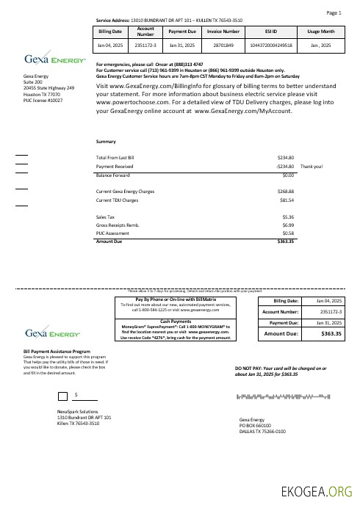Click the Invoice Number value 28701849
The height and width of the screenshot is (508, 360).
(x=223, y=46)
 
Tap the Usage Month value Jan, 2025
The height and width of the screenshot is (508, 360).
(x=322, y=46)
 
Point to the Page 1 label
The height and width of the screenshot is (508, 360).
(x=334, y=13)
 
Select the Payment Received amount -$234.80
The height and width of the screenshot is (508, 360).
(x=283, y=167)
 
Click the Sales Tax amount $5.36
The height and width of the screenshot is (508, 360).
(x=288, y=217)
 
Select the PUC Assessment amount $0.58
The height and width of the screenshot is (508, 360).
(x=288, y=233)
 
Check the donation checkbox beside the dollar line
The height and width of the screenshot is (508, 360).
(x=61, y=396)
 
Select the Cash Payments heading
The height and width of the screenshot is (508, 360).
(x=176, y=321)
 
